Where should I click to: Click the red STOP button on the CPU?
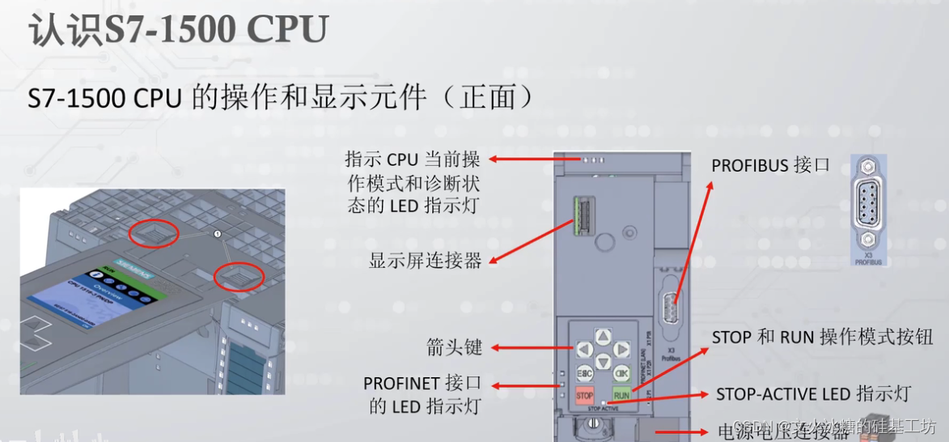[x=584, y=396]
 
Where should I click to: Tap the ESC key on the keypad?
[x=584, y=373]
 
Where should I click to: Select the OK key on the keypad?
[x=621, y=373]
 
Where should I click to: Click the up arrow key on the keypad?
[x=603, y=336]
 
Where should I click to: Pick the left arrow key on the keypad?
[x=584, y=350]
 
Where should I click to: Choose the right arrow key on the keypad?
[x=621, y=350]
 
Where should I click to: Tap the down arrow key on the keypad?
[x=603, y=362]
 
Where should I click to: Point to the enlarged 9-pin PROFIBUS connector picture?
[x=867, y=208]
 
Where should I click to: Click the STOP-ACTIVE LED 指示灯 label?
[x=813, y=394]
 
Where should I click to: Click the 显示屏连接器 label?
[x=425, y=261]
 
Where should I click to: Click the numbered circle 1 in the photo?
[x=216, y=234]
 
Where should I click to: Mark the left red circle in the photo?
[x=155, y=233]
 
